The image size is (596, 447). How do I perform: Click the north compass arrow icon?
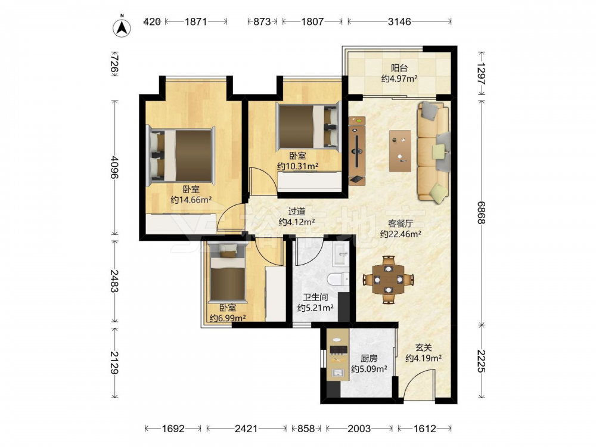point(122,27)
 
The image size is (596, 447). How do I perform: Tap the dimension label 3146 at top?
point(399,21)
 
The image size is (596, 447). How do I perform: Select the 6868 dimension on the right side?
point(482,213)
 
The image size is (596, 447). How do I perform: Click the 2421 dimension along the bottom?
point(246,429)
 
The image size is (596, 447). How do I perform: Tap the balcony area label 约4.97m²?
point(399,79)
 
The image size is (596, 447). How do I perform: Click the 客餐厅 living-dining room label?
point(401,223)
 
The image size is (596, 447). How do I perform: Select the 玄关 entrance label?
point(423,347)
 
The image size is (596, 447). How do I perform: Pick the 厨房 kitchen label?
point(369,358)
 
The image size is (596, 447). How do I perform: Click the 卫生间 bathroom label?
point(315,297)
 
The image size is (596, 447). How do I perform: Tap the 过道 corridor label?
point(296,212)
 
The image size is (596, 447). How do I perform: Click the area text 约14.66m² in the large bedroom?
point(191,200)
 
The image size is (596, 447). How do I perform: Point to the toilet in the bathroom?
point(339,279)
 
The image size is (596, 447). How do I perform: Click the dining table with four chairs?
point(389,280)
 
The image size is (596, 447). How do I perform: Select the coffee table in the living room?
point(400,151)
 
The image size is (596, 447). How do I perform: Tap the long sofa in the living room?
point(433,151)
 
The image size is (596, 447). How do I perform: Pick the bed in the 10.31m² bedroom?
point(308,127)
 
